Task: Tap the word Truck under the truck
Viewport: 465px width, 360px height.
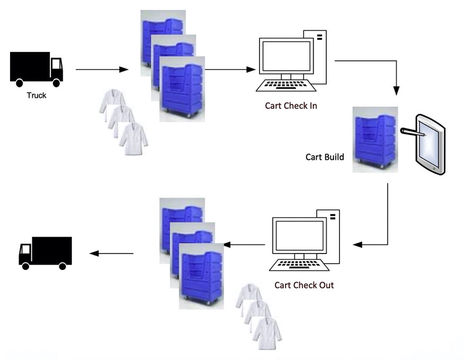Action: [x=37, y=96]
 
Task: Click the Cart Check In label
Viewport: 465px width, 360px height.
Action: [x=291, y=105]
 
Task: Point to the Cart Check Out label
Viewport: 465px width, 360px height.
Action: [x=304, y=285]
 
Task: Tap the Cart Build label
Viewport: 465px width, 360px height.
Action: [x=325, y=157]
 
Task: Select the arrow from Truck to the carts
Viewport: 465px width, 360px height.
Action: [x=102, y=69]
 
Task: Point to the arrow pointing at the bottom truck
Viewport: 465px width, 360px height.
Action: [x=111, y=254]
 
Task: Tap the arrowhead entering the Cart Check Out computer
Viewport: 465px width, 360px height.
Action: [x=357, y=245]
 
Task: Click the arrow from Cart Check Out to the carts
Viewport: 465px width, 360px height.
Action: [x=244, y=245]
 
